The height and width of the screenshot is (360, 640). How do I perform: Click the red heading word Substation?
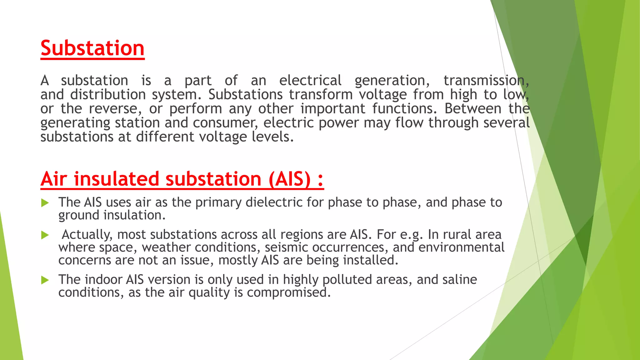92,48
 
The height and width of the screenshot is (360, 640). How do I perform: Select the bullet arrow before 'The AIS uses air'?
45,203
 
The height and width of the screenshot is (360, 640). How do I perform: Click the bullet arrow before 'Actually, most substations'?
45,235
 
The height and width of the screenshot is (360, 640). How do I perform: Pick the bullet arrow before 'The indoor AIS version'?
45,280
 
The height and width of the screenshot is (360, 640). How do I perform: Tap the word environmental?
461,247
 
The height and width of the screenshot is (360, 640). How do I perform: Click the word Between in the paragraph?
473,109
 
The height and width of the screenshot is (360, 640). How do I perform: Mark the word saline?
460,279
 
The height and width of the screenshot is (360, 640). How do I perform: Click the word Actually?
87,235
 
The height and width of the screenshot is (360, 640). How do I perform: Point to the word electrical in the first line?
310,81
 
